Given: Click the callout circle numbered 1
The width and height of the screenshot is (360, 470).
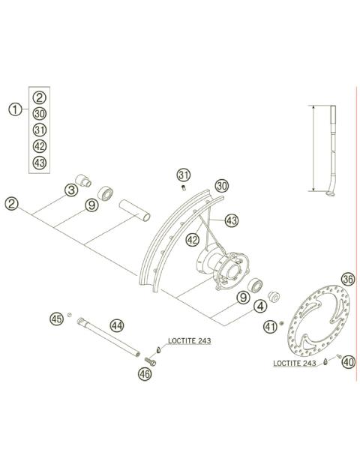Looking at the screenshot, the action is [x=15, y=109].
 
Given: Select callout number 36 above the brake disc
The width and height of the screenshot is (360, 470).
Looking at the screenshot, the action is [x=348, y=280].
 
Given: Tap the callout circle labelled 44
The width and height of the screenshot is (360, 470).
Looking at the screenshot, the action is [x=117, y=325].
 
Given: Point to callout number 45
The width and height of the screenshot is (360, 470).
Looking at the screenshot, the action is [x=57, y=319].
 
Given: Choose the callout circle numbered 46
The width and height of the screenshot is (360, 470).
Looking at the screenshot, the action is [x=145, y=374].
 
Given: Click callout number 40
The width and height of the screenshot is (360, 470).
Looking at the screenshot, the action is [x=349, y=362].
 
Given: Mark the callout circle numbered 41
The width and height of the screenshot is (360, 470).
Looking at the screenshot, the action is [x=270, y=326].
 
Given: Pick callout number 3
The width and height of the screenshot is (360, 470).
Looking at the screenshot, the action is [x=71, y=190].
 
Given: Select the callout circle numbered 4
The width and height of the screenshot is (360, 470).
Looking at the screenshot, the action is [x=260, y=307].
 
